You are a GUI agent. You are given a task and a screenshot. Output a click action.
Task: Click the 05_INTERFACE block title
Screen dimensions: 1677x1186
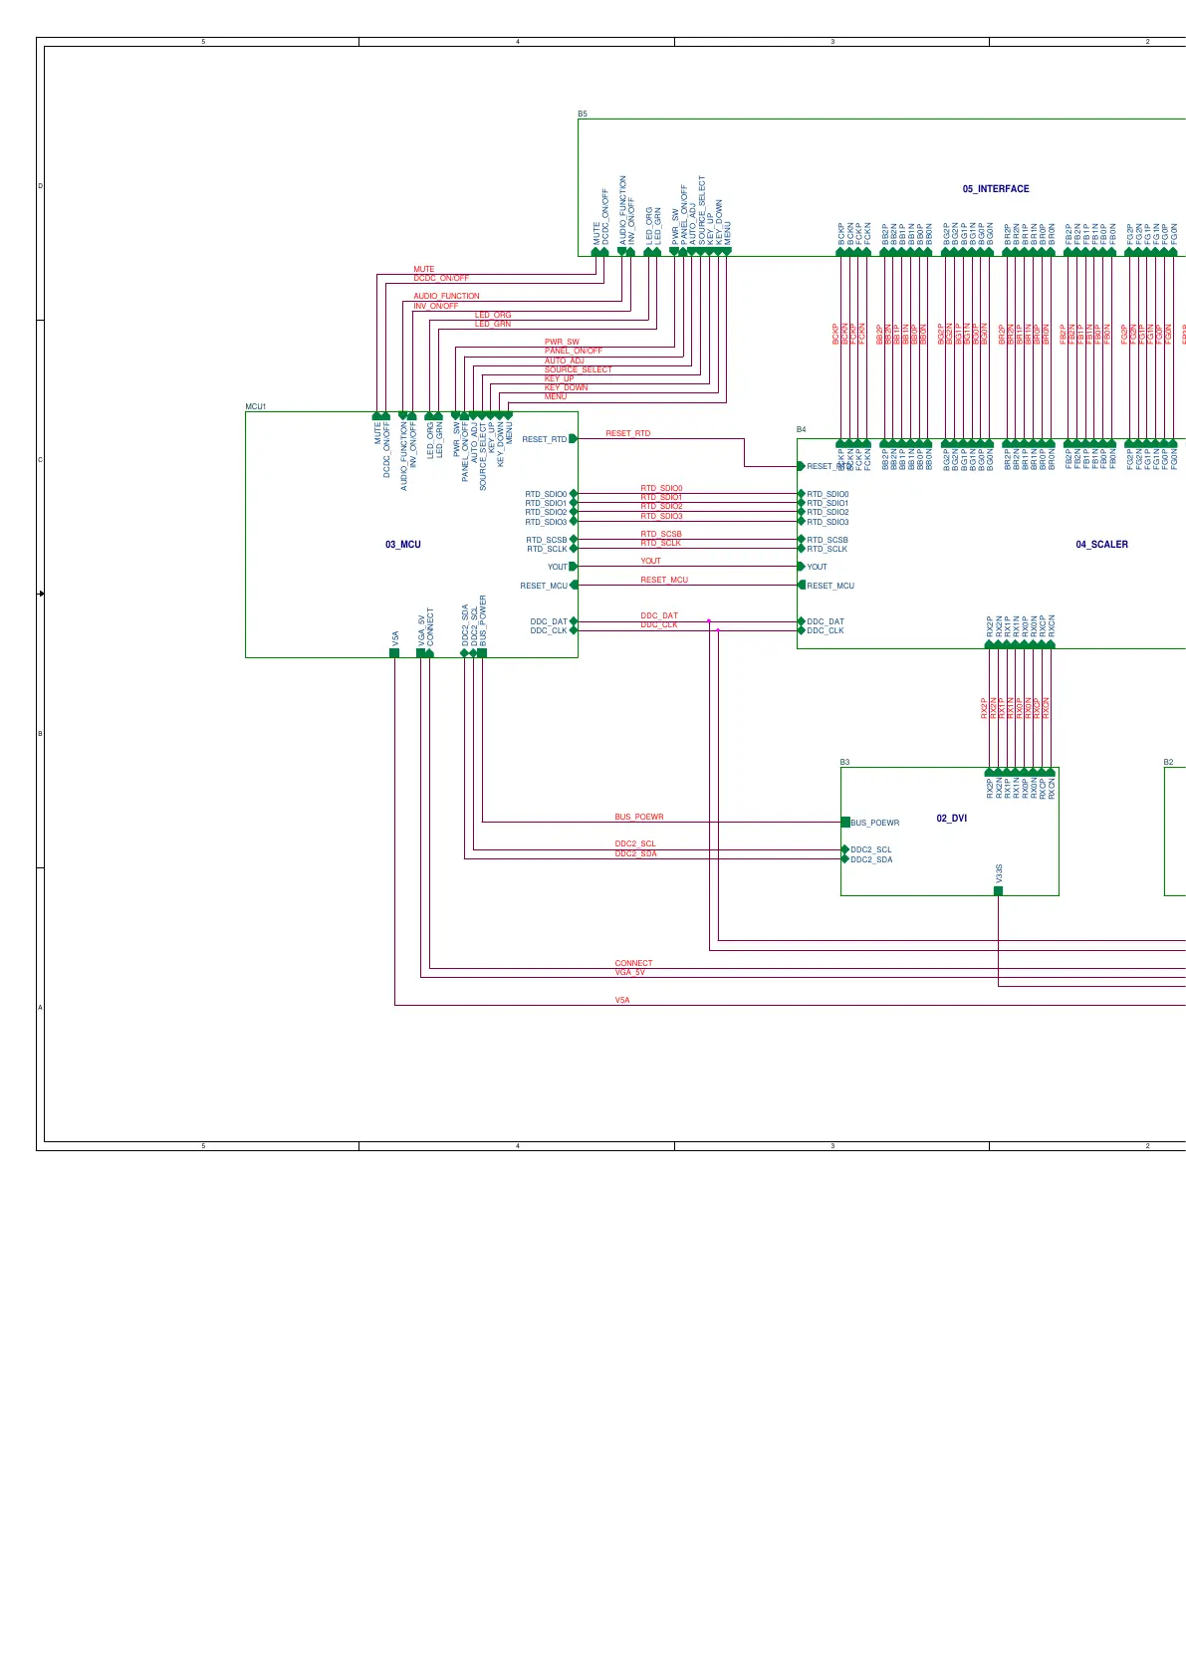pos(995,189)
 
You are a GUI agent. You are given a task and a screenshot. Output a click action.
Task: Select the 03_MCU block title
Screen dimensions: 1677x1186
pos(402,545)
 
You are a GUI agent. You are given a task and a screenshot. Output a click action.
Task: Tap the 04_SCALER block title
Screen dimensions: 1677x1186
pos(1101,545)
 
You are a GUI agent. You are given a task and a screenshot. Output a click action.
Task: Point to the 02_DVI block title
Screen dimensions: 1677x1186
pos(951,819)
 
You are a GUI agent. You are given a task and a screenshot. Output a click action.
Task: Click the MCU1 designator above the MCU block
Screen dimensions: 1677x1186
pos(255,407)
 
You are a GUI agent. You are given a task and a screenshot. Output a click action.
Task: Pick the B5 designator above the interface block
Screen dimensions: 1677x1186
pos(583,115)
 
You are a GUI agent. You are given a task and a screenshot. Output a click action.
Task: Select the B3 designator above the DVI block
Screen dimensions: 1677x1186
pos(844,763)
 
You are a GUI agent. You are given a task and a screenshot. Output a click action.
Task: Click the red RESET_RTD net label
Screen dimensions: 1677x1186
pos(627,433)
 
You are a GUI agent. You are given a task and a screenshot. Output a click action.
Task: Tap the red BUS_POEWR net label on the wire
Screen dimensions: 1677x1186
pos(638,817)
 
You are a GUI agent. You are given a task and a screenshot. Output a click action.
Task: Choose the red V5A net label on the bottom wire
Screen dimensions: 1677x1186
pos(621,999)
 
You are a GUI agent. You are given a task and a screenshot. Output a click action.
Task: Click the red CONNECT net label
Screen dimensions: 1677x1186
pos(633,963)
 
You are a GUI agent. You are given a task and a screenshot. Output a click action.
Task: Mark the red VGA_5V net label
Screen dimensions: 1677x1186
pos(629,972)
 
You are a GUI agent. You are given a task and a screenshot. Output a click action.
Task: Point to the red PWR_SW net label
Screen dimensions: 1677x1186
pos(561,342)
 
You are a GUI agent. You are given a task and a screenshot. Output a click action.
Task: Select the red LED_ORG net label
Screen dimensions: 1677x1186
pos(492,315)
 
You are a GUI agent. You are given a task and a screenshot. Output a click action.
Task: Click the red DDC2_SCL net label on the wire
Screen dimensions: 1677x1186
pos(634,844)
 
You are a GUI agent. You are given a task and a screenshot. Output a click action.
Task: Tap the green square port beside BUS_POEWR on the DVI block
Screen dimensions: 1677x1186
pos(845,823)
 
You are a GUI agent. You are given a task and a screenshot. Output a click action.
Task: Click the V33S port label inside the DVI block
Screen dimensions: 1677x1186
pos(999,873)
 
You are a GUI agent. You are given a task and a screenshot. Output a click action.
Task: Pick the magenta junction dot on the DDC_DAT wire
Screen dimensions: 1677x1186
pos(709,621)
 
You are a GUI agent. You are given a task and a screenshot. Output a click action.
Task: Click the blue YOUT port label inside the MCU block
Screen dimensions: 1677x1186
pos(557,567)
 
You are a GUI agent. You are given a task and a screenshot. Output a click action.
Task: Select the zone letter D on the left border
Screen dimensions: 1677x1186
pos(40,186)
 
